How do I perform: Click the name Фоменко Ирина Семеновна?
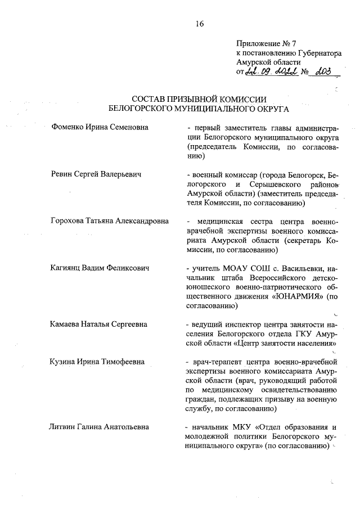click(x=100, y=128)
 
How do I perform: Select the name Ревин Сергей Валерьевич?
click(x=96, y=174)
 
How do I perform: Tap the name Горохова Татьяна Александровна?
click(x=109, y=221)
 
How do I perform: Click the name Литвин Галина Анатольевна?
click(x=100, y=427)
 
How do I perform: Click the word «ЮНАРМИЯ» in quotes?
click(x=303, y=296)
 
